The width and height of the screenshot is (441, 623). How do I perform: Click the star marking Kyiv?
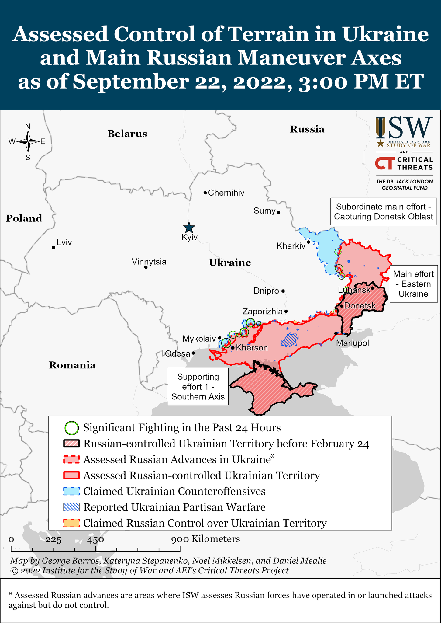point(189,228)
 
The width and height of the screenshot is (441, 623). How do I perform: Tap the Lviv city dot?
point(53,248)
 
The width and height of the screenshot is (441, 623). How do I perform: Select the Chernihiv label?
point(226,193)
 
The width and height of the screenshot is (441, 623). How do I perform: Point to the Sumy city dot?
point(278,212)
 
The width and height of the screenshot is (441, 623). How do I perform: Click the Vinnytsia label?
point(149,262)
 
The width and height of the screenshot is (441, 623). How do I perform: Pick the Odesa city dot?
point(193,353)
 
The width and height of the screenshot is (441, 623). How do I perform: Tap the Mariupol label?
point(352,343)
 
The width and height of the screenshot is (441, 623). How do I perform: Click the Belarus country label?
point(127,134)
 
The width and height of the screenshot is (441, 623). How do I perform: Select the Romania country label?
point(72,365)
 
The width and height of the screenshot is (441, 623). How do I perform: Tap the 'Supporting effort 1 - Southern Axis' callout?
point(198,387)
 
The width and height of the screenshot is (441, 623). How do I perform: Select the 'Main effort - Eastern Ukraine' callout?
point(413,284)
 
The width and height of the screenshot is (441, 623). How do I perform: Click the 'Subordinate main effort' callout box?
point(383,212)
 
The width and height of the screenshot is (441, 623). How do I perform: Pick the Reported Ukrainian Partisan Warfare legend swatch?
point(72,507)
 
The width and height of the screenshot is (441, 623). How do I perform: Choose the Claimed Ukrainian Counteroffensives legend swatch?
point(72,491)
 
